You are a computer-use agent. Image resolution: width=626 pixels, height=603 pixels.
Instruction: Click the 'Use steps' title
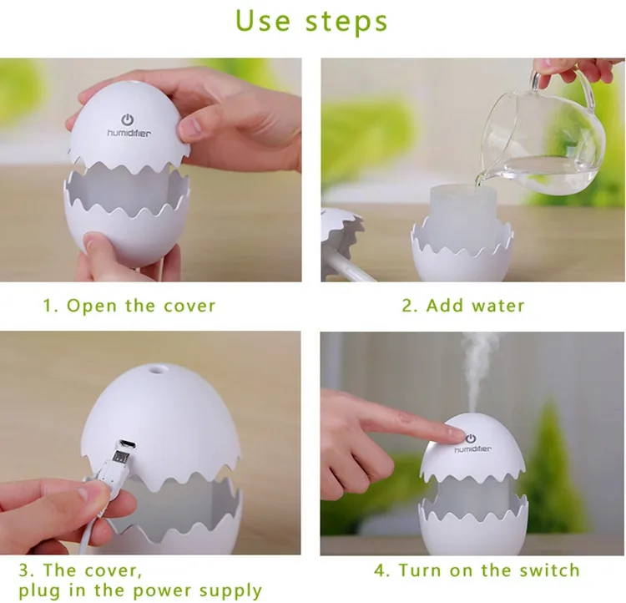311,21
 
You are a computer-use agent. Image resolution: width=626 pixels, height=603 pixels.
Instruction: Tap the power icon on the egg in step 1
128,119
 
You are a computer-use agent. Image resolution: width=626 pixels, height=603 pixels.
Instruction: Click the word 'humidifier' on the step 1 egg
129,133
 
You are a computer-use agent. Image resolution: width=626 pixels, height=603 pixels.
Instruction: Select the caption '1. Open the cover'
129,307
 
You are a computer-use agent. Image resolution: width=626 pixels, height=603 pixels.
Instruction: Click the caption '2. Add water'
463,307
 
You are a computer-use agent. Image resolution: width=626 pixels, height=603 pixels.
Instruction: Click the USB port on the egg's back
127,444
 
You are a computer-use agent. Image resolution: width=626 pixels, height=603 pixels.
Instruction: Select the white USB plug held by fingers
114,469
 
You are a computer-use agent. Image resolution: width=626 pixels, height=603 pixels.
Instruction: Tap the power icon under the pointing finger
471,438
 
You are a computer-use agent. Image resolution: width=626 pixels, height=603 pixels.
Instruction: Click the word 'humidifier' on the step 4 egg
473,449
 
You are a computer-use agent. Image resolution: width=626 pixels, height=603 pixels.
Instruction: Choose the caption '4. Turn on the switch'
477,570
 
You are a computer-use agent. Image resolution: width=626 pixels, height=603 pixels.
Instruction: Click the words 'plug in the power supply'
140,590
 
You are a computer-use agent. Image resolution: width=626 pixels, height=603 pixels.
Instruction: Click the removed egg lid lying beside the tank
342,240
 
